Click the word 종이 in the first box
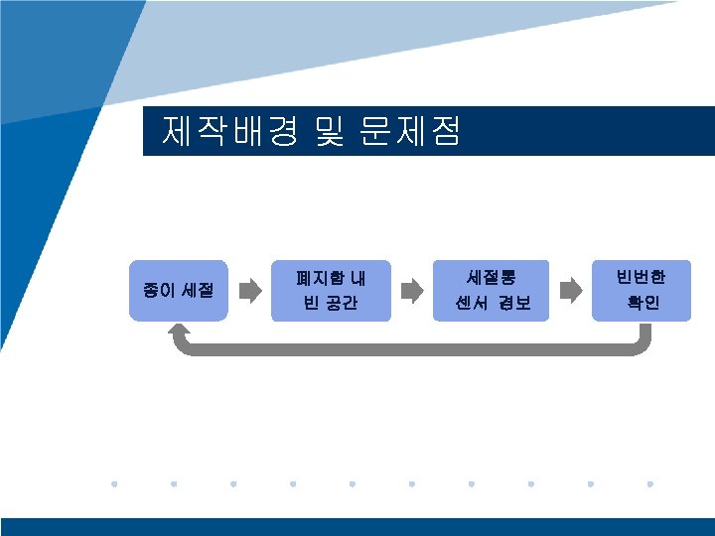tap(157, 291)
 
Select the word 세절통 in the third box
tap(491, 279)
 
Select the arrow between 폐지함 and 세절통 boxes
tap(410, 290)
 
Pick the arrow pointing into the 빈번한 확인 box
tap(569, 290)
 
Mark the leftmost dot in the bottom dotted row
tap(114, 484)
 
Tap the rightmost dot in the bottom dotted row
tap(649, 484)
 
